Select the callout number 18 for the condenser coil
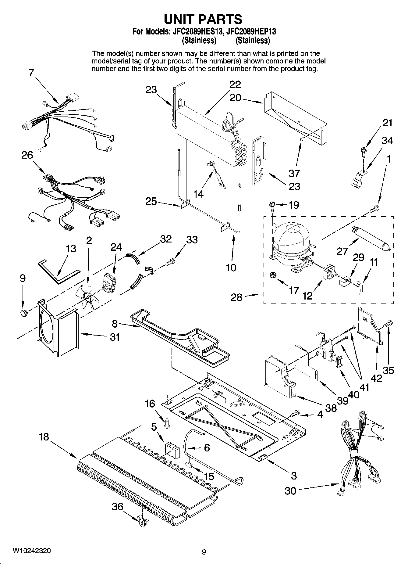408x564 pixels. pyautogui.click(x=44, y=437)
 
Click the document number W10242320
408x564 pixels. pyautogui.click(x=31, y=551)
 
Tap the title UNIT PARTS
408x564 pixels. pyautogui.click(x=203, y=19)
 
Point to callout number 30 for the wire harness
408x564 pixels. pyautogui.click(x=290, y=490)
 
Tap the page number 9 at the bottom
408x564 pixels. pyautogui.click(x=204, y=551)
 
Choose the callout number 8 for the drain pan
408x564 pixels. pyautogui.click(x=115, y=324)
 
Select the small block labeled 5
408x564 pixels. pyautogui.click(x=172, y=450)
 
